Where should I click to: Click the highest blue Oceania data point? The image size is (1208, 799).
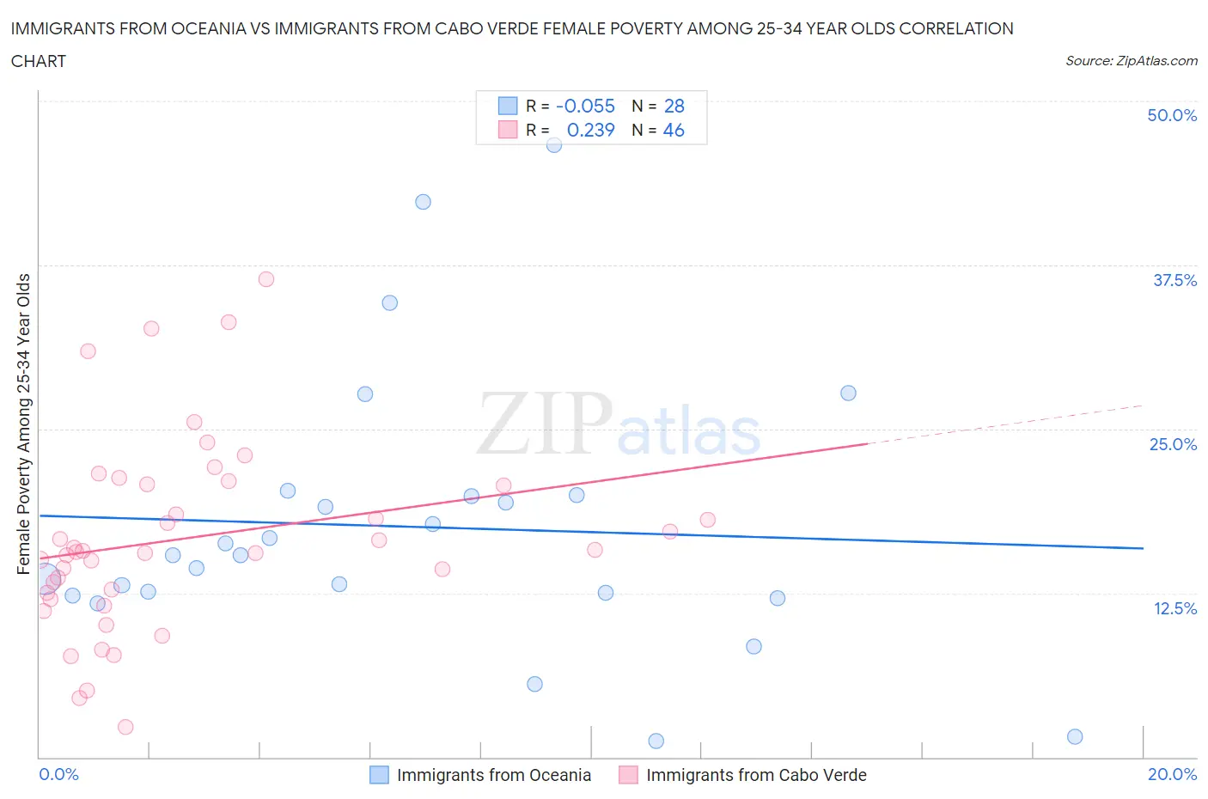[554, 144]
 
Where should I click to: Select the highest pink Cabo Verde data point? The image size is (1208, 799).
[266, 279]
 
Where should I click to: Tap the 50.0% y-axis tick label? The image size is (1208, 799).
[1172, 115]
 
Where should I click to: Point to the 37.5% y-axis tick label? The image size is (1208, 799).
[1174, 280]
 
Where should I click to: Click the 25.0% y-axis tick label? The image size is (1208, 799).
[1173, 444]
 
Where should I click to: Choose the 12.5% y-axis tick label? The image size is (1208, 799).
[1174, 608]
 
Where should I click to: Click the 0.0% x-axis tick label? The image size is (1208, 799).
[58, 774]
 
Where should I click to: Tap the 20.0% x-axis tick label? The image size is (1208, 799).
[1172, 774]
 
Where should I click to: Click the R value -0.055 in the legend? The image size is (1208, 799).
[585, 106]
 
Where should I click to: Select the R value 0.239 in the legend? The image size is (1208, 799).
[590, 130]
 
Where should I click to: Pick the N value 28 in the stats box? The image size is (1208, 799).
[674, 106]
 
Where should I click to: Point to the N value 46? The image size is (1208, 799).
[674, 130]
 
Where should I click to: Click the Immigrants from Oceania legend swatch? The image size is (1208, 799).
[379, 775]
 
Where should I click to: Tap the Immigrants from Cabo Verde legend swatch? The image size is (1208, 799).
[628, 775]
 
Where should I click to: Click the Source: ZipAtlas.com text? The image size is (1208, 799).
[1131, 61]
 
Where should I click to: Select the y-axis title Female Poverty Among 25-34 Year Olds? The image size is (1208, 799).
[23, 424]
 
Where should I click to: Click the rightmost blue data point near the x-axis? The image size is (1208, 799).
[1075, 736]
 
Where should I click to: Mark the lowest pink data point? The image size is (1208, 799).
[125, 727]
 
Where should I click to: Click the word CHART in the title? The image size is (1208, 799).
[39, 61]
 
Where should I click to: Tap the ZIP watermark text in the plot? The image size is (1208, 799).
[545, 424]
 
